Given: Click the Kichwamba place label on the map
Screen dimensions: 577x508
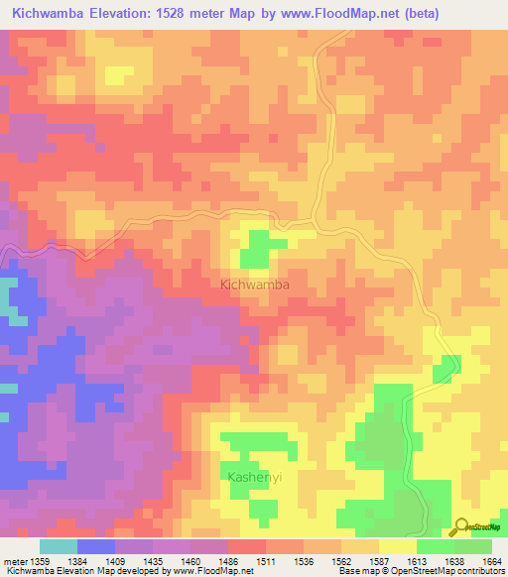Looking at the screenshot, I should [x=254, y=285].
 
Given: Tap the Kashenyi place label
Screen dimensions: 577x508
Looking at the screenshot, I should [x=255, y=478].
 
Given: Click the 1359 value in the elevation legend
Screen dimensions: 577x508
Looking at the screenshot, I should [x=40, y=561].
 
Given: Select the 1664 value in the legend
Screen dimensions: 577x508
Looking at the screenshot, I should [x=493, y=561].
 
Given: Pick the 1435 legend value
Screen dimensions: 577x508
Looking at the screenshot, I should [x=153, y=561].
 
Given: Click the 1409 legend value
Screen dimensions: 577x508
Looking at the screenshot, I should [x=115, y=561].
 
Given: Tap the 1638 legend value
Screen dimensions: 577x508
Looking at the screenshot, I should [x=454, y=561].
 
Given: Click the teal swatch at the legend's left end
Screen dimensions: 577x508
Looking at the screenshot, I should [x=59, y=546].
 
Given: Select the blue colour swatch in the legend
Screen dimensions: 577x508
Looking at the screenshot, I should [x=96, y=546].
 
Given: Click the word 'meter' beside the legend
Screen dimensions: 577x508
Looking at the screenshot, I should [x=13, y=561].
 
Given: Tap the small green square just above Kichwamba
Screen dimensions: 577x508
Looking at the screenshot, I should [x=259, y=247].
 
